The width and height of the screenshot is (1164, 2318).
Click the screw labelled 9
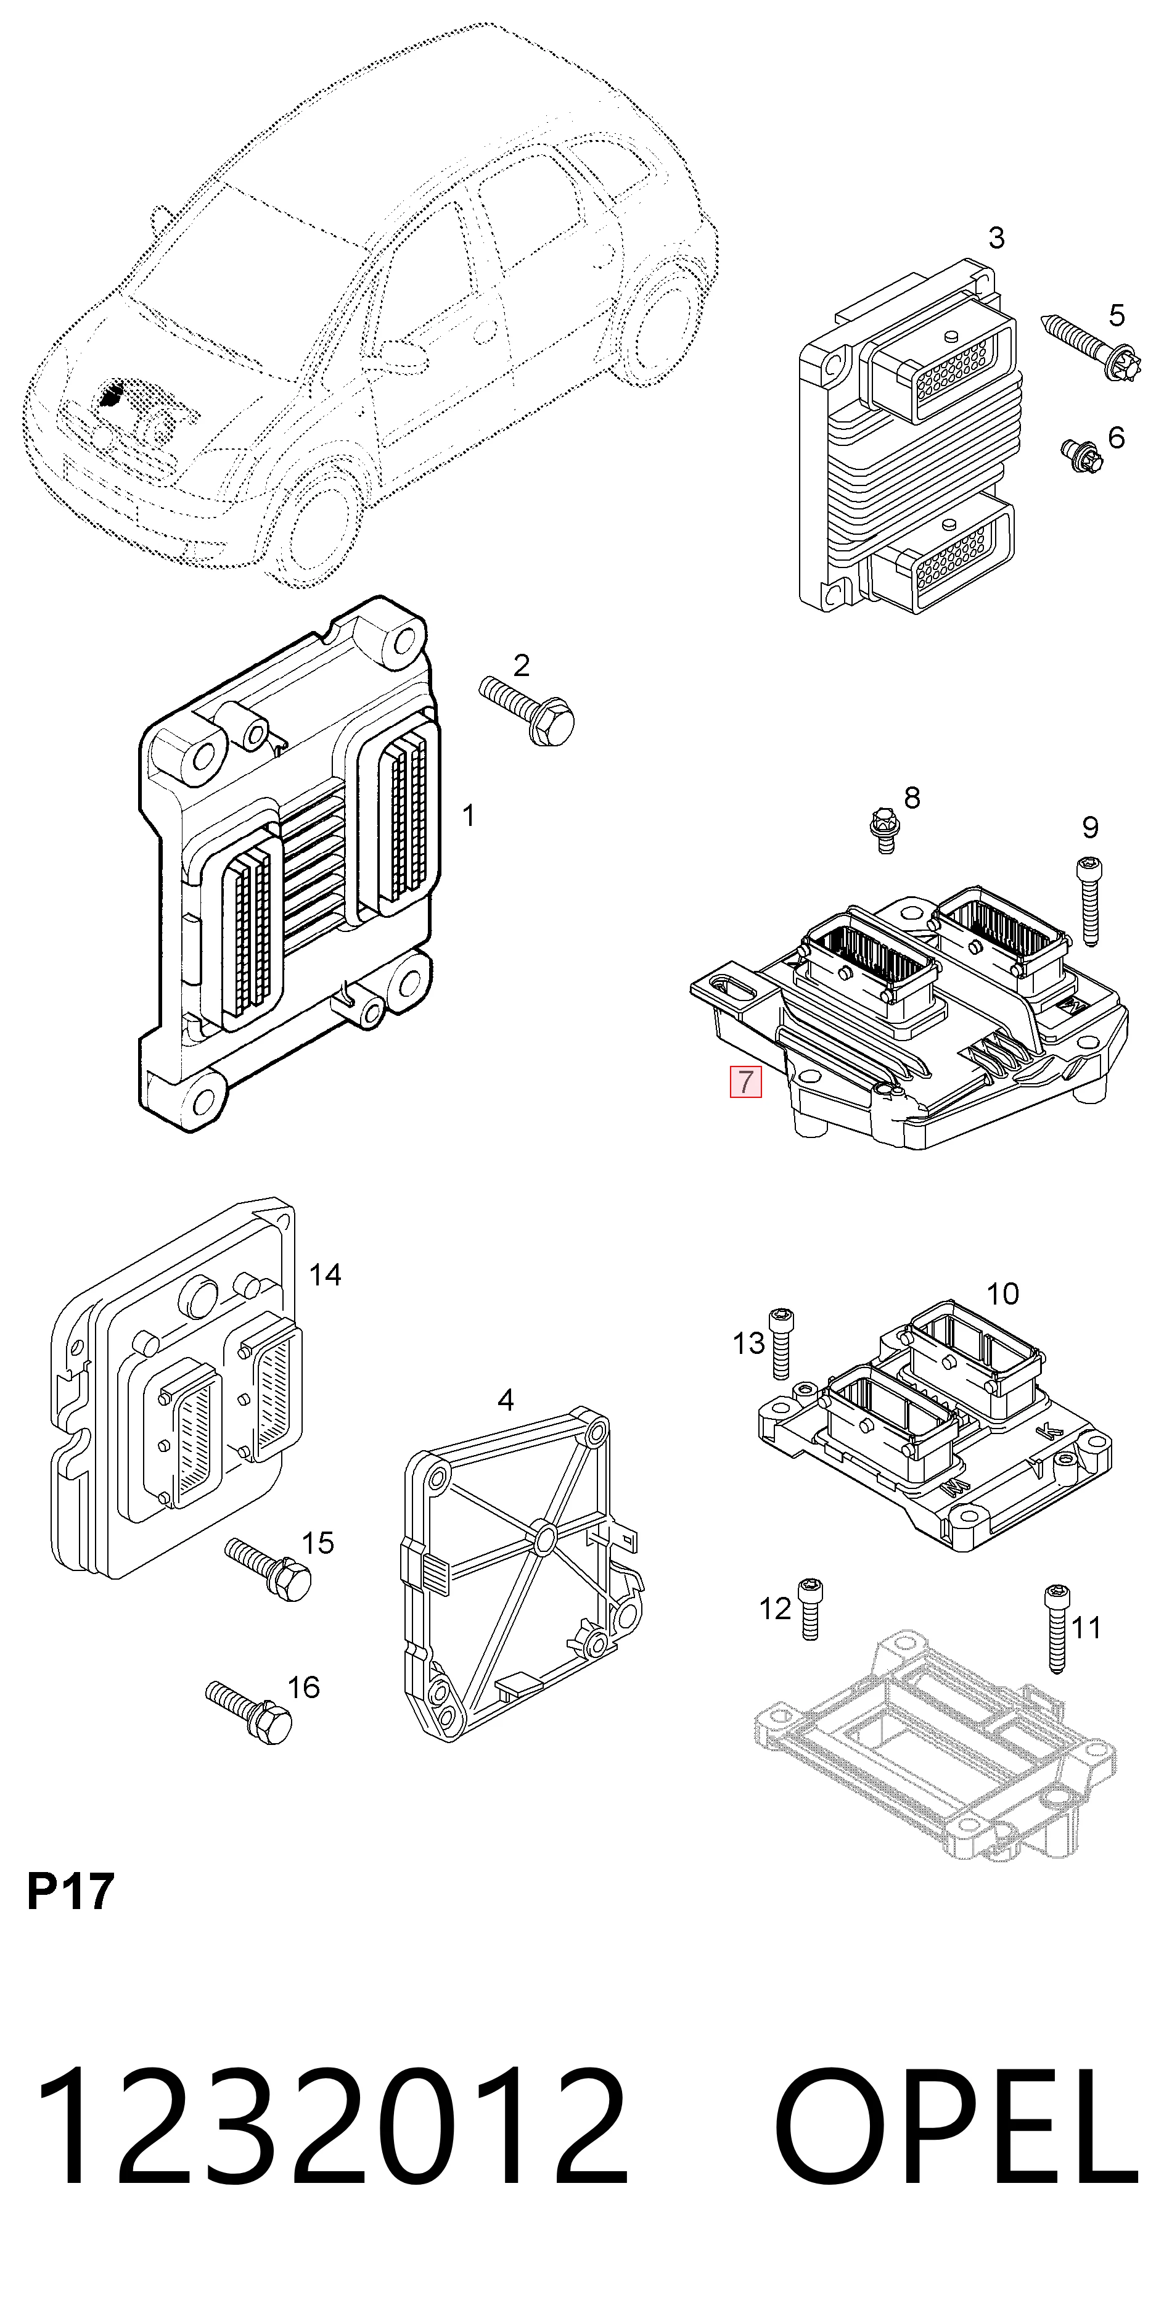(1089, 901)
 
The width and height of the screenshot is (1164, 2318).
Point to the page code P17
(70, 1890)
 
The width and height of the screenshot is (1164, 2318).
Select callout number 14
(325, 1274)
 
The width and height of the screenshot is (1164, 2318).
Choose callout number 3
(996, 237)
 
